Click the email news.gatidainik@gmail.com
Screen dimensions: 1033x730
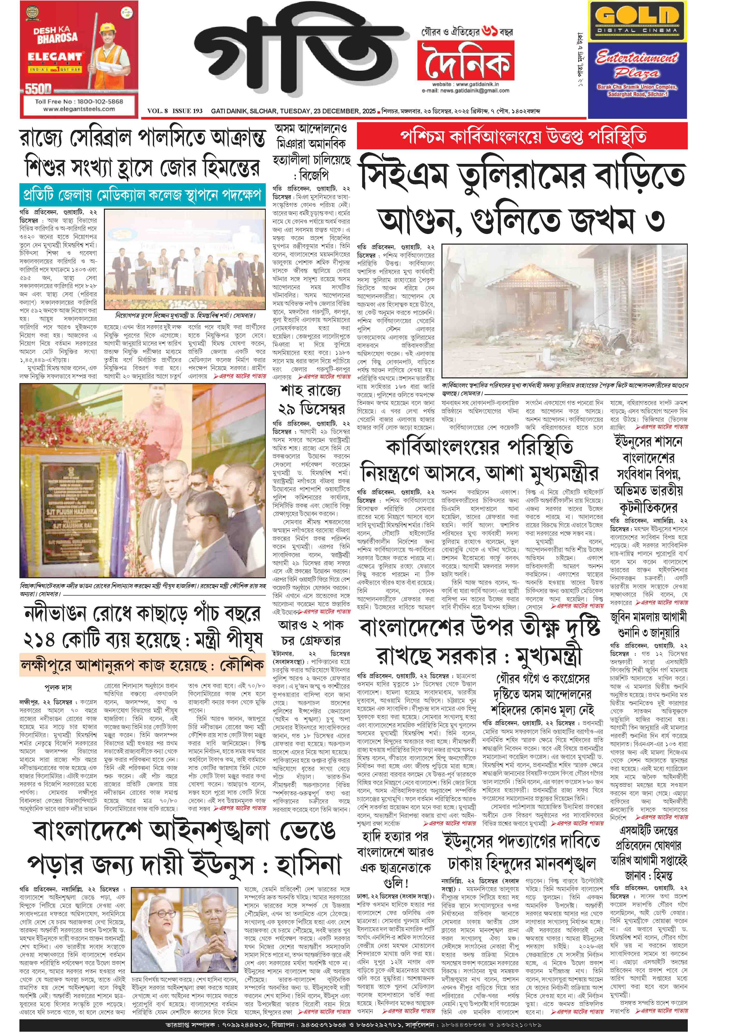tap(466, 90)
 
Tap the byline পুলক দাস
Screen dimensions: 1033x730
tap(58, 687)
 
